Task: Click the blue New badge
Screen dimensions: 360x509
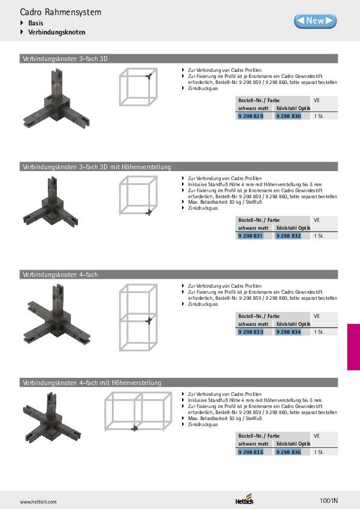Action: pyautogui.click(x=315, y=21)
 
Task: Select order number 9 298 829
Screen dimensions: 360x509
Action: pyautogui.click(x=250, y=116)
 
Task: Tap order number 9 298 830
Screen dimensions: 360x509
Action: pyautogui.click(x=289, y=116)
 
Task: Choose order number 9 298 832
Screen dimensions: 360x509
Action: pyautogui.click(x=289, y=236)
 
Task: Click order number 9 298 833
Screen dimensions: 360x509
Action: pyautogui.click(x=250, y=332)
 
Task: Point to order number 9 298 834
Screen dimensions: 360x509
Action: pyautogui.click(x=289, y=332)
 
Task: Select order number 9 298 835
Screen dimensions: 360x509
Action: pyautogui.click(x=250, y=452)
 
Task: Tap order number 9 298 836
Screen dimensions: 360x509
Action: pyautogui.click(x=289, y=452)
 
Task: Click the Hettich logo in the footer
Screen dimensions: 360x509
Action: pyautogui.click(x=244, y=499)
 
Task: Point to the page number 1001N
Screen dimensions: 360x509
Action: pyautogui.click(x=329, y=501)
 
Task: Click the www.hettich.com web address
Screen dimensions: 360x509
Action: pyautogui.click(x=38, y=502)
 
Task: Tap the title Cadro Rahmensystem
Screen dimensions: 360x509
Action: pyautogui.click(x=61, y=12)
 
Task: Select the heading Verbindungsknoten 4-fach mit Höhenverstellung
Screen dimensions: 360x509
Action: pyautogui.click(x=92, y=383)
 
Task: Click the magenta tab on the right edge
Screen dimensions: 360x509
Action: pyautogui.click(x=353, y=347)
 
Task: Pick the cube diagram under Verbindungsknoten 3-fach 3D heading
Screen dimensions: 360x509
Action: pyautogui.click(x=139, y=86)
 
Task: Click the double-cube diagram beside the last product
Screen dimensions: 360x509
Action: pyautogui.click(x=138, y=411)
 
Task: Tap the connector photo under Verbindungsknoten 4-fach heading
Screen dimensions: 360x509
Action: pyautogui.click(x=57, y=314)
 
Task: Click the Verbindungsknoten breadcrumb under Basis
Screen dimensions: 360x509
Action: pyautogui.click(x=56, y=32)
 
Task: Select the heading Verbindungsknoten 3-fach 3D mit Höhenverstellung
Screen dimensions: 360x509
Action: pyautogui.click(x=97, y=167)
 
